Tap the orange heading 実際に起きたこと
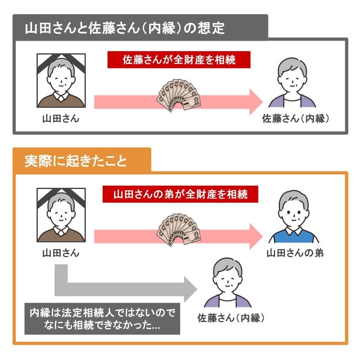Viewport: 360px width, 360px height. [76, 161]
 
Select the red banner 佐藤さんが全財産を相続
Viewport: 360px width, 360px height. [179, 60]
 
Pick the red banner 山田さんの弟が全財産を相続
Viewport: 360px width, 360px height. [181, 193]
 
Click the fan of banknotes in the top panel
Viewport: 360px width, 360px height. [179, 95]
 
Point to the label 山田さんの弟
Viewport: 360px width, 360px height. [295, 253]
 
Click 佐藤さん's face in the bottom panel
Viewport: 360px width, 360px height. [227, 279]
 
